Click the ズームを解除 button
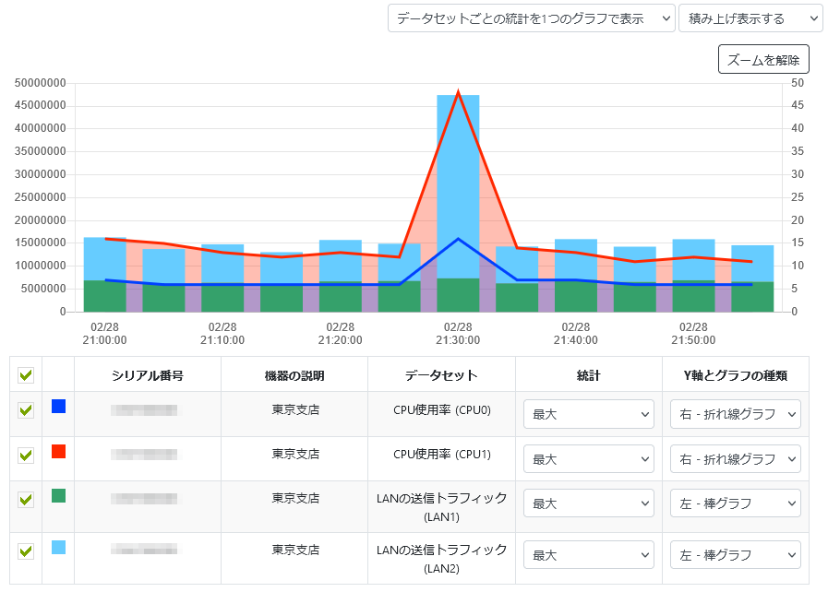763,60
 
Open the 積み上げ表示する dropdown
750,18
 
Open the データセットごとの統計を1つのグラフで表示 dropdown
531,18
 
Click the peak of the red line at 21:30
458,92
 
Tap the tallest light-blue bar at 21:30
458,184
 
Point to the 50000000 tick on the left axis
41,83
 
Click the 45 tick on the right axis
798,105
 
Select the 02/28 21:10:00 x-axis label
222,333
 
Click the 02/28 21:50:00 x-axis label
694,333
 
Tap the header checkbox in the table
26,375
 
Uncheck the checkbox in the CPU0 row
26,410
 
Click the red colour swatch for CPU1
58,451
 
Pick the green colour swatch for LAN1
58,496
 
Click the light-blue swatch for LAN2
58,547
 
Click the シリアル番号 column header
147,375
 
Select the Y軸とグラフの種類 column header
735,375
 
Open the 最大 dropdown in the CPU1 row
589,459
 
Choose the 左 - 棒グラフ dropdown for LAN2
735,556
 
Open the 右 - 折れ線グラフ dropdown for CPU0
735,415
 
